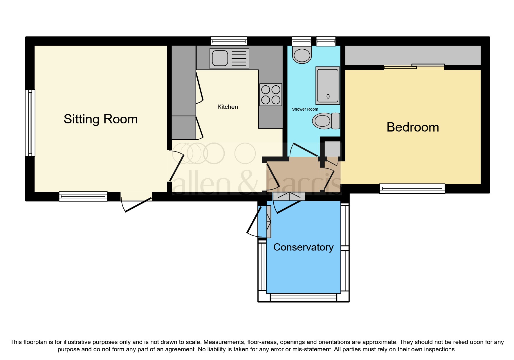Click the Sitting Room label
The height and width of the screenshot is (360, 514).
click(x=100, y=119)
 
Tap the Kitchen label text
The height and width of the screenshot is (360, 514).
click(x=228, y=107)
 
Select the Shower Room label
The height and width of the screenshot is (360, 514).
click(x=305, y=109)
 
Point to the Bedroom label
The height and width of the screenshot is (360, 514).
click(x=412, y=127)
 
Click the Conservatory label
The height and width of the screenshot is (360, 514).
click(x=303, y=247)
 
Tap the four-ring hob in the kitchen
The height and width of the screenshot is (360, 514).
click(x=270, y=95)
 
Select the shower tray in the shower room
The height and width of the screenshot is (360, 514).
click(x=328, y=86)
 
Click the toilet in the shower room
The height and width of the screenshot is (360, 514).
click(x=326, y=121)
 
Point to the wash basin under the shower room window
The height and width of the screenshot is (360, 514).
click(x=302, y=55)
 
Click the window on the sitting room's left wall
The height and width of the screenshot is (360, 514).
click(x=30, y=123)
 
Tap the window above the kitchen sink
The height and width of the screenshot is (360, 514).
click(x=229, y=41)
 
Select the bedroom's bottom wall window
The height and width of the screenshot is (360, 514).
click(x=412, y=188)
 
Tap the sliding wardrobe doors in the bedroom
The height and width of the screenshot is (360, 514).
click(x=414, y=66)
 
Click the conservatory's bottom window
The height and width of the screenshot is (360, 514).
click(x=303, y=297)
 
